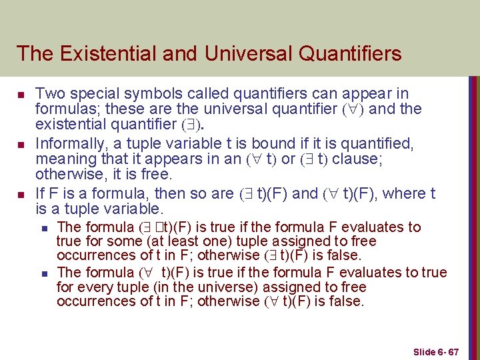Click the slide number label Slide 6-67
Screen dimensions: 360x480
click(x=436, y=351)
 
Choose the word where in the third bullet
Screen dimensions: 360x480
click(x=405, y=194)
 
